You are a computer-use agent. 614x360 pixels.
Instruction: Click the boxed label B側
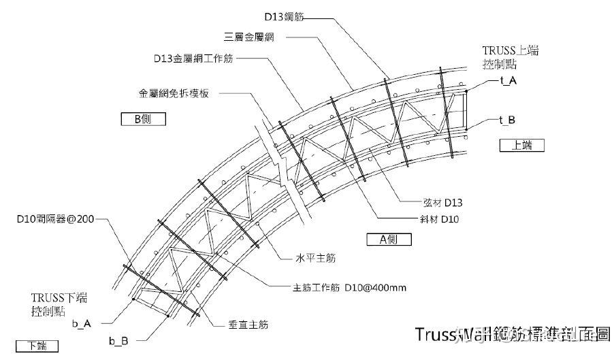pyautogui.click(x=143, y=119)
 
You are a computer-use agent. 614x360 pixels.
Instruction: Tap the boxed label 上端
pyautogui.click(x=523, y=145)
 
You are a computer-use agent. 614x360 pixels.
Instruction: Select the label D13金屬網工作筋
pyautogui.click(x=193, y=59)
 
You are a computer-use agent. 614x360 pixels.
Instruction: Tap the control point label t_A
pyautogui.click(x=507, y=80)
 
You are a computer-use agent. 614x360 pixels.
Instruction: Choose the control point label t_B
pyautogui.click(x=507, y=120)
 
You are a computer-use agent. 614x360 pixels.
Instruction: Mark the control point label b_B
pyautogui.click(x=118, y=340)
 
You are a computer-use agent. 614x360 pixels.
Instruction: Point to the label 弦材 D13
pyautogui.click(x=442, y=202)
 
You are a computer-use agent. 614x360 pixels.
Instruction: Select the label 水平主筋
pyautogui.click(x=314, y=259)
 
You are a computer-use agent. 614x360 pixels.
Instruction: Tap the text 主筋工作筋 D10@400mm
pyautogui.click(x=351, y=288)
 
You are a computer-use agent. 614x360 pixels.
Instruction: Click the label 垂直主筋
pyautogui.click(x=248, y=325)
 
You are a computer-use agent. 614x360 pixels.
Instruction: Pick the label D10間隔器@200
pyautogui.click(x=56, y=220)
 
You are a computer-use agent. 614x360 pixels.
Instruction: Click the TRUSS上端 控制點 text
pyautogui.click(x=510, y=58)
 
